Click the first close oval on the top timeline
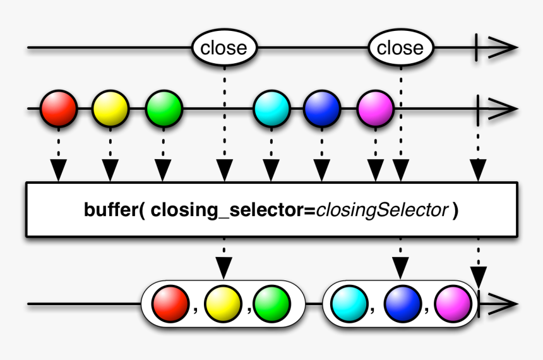(x=224, y=48)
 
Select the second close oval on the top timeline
(x=400, y=48)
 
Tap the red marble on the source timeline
(x=59, y=109)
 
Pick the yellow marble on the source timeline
(x=110, y=109)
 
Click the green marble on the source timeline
(x=164, y=109)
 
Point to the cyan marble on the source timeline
(x=271, y=109)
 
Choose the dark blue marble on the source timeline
(x=322, y=109)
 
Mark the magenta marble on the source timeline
(x=375, y=109)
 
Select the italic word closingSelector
(x=382, y=210)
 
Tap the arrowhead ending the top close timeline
(x=505, y=48)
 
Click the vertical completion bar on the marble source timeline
(x=479, y=109)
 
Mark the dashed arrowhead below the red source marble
(x=59, y=169)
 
